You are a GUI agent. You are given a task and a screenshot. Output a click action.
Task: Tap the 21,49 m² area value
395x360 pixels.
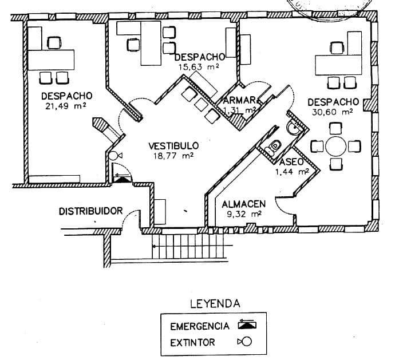pyautogui.click(x=65, y=105)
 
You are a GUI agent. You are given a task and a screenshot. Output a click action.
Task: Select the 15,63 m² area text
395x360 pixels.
pyautogui.click(x=199, y=67)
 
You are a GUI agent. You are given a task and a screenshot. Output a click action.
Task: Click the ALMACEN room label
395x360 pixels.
pyautogui.click(x=243, y=204)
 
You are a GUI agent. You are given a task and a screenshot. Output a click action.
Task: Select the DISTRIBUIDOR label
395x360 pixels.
pyautogui.click(x=90, y=211)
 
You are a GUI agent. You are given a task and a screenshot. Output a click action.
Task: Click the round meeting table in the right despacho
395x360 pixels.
pyautogui.click(x=335, y=147)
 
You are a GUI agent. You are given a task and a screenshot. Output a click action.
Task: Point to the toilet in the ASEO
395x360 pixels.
pyautogui.click(x=274, y=145)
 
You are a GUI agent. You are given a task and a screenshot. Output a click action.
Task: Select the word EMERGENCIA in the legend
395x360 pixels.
pyautogui.click(x=200, y=327)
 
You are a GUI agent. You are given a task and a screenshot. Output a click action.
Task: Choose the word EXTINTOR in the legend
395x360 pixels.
pyautogui.click(x=192, y=343)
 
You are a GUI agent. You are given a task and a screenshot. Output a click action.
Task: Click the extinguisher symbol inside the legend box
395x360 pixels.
pyautogui.click(x=246, y=343)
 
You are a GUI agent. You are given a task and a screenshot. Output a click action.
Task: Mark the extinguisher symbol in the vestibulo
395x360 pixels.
pyautogui.click(x=115, y=155)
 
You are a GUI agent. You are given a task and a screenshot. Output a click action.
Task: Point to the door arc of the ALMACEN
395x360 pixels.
pyautogui.click(x=283, y=204)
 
